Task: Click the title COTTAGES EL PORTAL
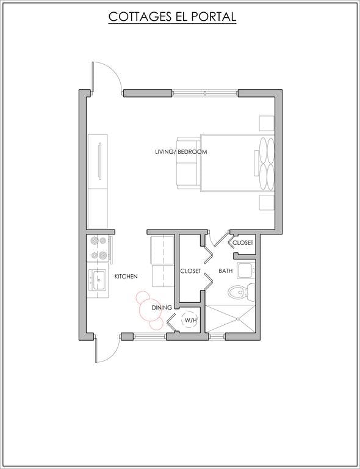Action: coord(173,16)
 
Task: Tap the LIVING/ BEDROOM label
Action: coord(181,151)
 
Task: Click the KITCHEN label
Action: coord(126,277)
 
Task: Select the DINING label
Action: coord(162,307)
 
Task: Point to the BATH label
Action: coord(226,271)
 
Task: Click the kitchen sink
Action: coord(98,280)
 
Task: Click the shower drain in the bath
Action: coord(238,319)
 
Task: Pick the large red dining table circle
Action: coord(150,310)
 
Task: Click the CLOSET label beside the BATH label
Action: coord(190,271)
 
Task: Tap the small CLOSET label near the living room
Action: coord(243,242)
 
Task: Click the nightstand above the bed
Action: coord(267,123)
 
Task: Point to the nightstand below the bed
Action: coord(267,203)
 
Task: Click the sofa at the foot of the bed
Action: coord(188,163)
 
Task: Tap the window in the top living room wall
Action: coord(205,93)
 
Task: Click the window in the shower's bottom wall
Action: coord(216,337)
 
